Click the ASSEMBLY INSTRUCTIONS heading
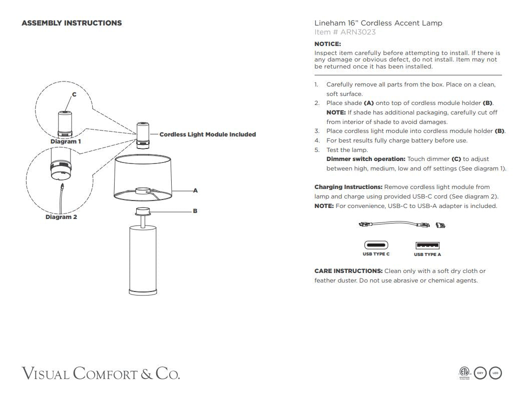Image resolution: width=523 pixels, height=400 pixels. click(x=72, y=23)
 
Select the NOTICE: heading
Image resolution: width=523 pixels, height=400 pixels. click(x=327, y=44)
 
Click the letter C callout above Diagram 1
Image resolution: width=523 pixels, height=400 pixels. click(x=74, y=94)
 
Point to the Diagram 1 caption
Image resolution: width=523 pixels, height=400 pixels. click(x=66, y=141)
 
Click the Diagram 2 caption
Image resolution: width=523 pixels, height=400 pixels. click(x=61, y=217)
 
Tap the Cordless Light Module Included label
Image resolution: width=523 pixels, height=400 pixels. click(x=207, y=134)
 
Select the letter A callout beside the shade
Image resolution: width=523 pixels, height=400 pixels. click(x=195, y=190)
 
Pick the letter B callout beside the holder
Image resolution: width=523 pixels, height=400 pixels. click(x=195, y=211)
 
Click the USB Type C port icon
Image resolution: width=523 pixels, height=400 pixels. click(x=376, y=245)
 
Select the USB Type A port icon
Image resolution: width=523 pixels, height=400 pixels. click(x=427, y=245)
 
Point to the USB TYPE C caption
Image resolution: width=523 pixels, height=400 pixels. click(x=376, y=254)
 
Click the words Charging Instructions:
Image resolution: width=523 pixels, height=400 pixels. click(x=348, y=187)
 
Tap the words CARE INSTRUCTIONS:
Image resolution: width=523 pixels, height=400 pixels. click(x=348, y=271)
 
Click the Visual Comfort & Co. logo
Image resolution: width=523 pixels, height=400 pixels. click(x=101, y=373)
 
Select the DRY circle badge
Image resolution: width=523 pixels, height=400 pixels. click(x=480, y=373)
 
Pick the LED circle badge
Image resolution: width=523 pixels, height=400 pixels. click(x=495, y=373)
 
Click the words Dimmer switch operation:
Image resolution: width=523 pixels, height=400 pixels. click(x=366, y=159)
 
